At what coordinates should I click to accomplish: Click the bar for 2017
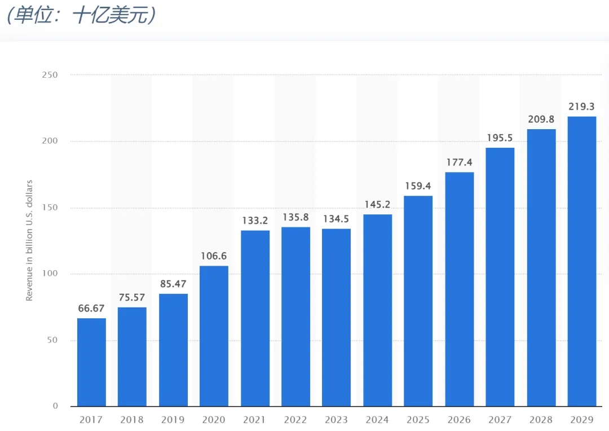pyautogui.click(x=91, y=362)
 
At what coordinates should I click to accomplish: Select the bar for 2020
pyautogui.click(x=214, y=336)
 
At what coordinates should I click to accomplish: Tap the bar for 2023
pyautogui.click(x=337, y=317)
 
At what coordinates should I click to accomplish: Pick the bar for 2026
pyautogui.click(x=460, y=289)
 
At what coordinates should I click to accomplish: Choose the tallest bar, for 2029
pyautogui.click(x=582, y=261)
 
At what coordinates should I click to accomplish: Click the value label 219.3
pyautogui.click(x=582, y=106)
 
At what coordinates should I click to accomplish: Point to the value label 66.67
pyautogui.click(x=91, y=308)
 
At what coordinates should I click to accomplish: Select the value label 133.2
pyautogui.click(x=255, y=220)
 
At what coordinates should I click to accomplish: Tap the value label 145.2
pyautogui.click(x=377, y=204)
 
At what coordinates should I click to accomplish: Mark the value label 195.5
pyautogui.click(x=500, y=138)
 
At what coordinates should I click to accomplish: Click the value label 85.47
pyautogui.click(x=173, y=284)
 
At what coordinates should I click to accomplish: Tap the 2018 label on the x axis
pyautogui.click(x=132, y=420)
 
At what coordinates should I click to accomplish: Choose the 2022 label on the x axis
pyautogui.click(x=295, y=420)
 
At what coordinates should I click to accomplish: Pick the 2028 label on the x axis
pyautogui.click(x=541, y=420)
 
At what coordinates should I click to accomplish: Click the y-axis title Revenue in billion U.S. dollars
pyautogui.click(x=30, y=240)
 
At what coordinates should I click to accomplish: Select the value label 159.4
pyautogui.click(x=418, y=186)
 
